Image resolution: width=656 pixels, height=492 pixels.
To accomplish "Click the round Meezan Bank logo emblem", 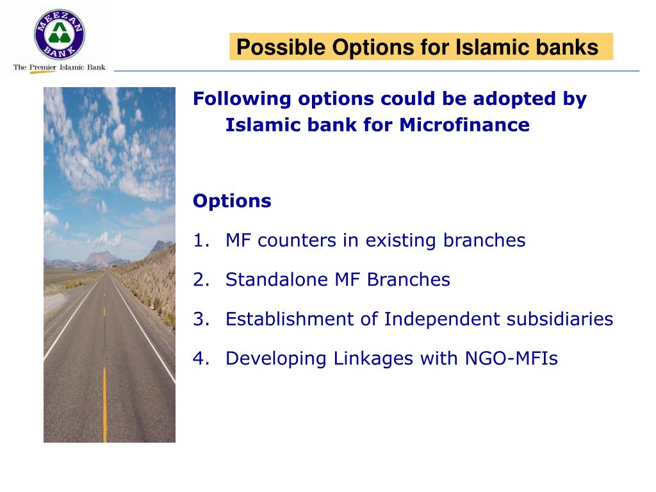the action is (60, 35).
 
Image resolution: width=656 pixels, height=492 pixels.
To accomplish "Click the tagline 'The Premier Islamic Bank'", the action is (60, 67).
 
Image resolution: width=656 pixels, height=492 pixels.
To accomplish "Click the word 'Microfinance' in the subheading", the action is (464, 125).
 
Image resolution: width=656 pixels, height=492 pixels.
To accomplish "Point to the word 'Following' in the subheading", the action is (242, 99).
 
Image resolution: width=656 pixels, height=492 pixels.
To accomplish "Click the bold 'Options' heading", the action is (232, 201).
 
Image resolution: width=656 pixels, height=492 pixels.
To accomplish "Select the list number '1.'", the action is (201, 241).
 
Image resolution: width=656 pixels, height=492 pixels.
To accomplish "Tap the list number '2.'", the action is (201, 279).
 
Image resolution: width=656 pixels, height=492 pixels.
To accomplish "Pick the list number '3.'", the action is (201, 319).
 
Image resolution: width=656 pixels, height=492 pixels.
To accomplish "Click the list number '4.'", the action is (201, 358).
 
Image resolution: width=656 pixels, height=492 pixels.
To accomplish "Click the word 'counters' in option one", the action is (297, 241).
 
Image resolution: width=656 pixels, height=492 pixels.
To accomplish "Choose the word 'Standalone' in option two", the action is (277, 279).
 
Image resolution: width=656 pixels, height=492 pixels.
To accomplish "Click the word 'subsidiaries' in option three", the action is (560, 319).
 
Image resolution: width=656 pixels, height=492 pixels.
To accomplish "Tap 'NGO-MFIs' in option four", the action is (511, 358).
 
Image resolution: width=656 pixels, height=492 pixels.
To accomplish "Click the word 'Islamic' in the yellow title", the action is (486, 47).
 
